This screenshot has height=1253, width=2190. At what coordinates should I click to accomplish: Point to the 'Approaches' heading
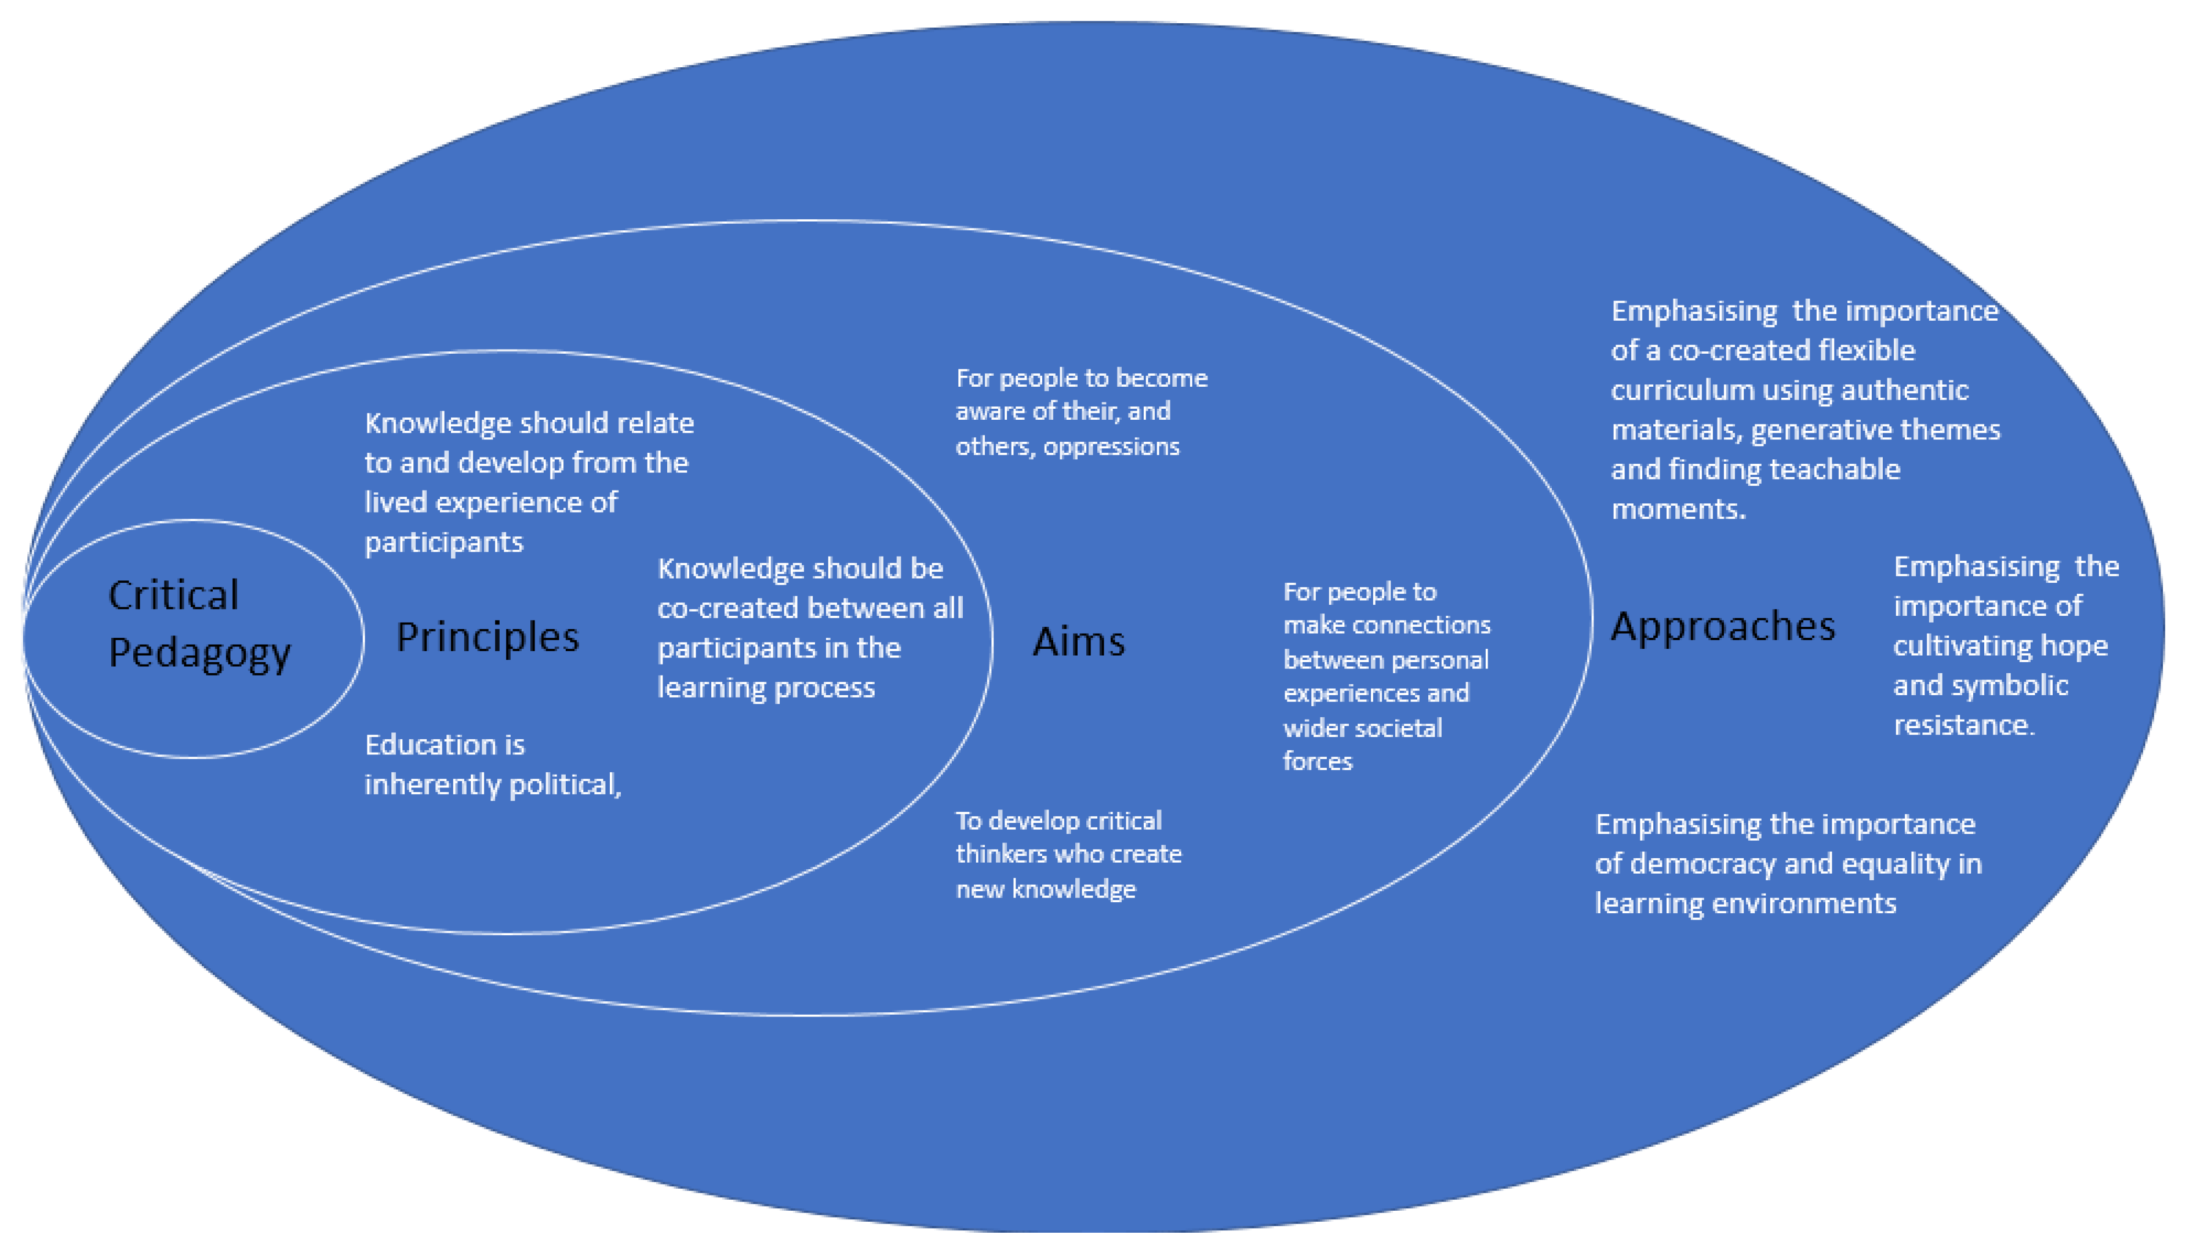(1722, 626)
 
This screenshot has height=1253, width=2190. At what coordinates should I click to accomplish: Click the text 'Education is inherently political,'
(492, 764)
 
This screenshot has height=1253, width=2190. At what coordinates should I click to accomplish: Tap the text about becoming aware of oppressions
(1081, 411)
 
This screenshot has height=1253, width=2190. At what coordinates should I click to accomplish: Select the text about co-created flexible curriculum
(1804, 409)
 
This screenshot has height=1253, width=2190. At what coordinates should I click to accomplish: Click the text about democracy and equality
(1788, 863)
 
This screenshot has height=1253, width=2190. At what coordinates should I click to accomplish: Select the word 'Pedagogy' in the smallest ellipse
(199, 652)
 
